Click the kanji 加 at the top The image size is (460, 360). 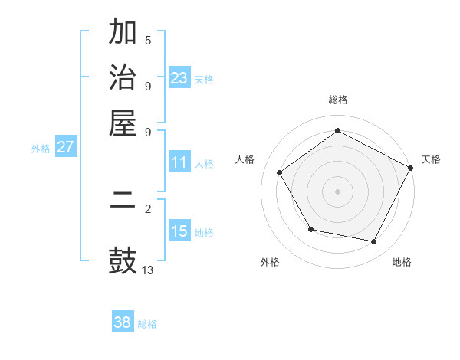[123, 33]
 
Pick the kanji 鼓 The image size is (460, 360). [123, 260]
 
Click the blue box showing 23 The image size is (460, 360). [179, 77]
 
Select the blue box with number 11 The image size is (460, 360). [179, 162]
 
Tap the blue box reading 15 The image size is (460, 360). [179, 231]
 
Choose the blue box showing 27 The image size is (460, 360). [65, 147]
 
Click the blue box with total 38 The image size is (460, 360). [123, 322]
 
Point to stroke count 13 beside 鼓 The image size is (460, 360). [148, 270]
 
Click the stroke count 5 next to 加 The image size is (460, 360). [148, 40]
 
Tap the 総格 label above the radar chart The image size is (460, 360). [338, 100]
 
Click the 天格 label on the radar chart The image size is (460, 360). [431, 159]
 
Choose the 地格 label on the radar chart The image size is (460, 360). [402, 262]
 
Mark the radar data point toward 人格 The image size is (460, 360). [280, 172]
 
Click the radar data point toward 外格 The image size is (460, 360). [310, 229]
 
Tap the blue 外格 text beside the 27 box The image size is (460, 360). [41, 149]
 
